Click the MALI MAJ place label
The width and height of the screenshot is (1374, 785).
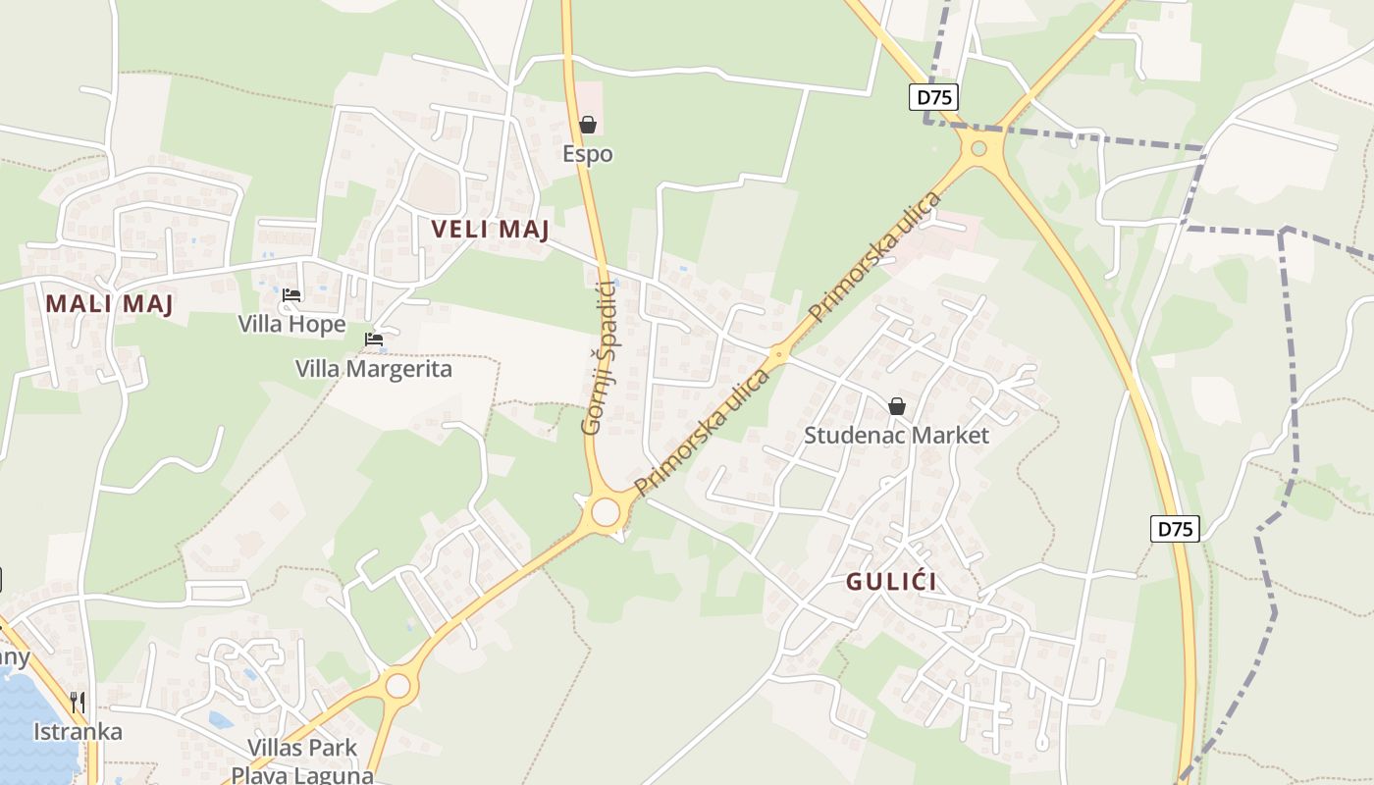pyautogui.click(x=110, y=303)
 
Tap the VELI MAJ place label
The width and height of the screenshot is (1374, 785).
pyautogui.click(x=491, y=230)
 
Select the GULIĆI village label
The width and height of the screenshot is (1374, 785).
pyautogui.click(x=891, y=581)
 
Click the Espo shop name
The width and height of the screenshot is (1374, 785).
pyautogui.click(x=588, y=154)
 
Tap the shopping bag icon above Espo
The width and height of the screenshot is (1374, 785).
pyautogui.click(x=588, y=125)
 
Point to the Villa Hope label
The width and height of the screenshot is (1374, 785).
pyautogui.click(x=291, y=324)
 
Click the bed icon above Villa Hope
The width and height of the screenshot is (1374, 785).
pyautogui.click(x=291, y=294)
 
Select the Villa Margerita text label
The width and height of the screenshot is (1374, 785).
pyautogui.click(x=374, y=369)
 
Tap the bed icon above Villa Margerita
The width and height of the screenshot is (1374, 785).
pyautogui.click(x=374, y=340)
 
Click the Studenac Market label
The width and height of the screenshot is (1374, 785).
pyautogui.click(x=896, y=435)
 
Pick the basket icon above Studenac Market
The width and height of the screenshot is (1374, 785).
pyautogui.click(x=896, y=405)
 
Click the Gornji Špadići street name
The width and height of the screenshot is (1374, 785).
pyautogui.click(x=598, y=357)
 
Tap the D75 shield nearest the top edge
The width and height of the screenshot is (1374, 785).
pyautogui.click(x=932, y=97)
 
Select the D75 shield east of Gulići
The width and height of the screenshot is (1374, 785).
pyautogui.click(x=1175, y=529)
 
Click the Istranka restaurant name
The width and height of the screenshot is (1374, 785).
pyautogui.click(x=78, y=732)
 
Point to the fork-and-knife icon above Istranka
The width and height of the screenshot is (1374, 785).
pyautogui.click(x=78, y=703)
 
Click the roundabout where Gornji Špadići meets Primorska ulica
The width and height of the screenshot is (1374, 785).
pyautogui.click(x=606, y=512)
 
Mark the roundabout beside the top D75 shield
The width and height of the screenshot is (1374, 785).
pyautogui.click(x=978, y=149)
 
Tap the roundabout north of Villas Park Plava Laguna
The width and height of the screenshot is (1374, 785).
pyautogui.click(x=397, y=685)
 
